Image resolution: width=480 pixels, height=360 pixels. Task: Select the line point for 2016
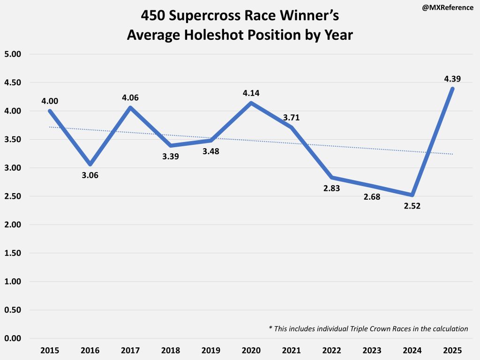click(90, 165)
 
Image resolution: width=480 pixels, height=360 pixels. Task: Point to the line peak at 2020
click(251, 103)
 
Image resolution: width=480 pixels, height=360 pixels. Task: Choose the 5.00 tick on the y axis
click(14, 54)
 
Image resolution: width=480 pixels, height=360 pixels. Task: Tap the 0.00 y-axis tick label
click(14, 338)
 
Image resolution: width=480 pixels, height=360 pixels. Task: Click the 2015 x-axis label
click(49, 351)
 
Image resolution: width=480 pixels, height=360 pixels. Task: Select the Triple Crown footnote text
click(368, 329)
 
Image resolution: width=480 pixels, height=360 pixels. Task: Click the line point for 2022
click(332, 178)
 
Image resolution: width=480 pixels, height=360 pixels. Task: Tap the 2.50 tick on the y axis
click(14, 196)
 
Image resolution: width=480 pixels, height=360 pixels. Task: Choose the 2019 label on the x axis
click(210, 351)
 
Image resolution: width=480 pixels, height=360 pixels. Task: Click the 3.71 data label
click(290, 117)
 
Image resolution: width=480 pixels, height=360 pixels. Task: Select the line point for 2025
click(453, 89)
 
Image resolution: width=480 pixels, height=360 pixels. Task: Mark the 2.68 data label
click(371, 196)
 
